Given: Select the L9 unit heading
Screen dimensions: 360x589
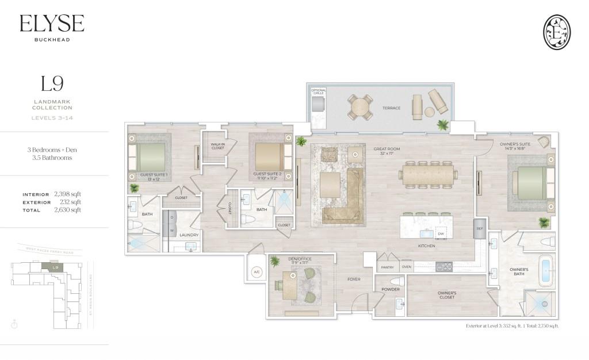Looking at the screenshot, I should pos(52,84).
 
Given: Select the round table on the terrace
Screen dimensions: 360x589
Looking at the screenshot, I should pos(361,107).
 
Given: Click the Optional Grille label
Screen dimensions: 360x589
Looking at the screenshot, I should pos(319,91).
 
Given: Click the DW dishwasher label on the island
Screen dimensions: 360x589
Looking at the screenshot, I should pos(440,234).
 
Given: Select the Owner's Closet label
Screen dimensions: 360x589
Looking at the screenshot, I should pos(447,295).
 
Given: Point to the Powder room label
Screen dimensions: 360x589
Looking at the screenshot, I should pos(391,289).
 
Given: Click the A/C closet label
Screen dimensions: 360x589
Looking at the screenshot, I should pos(256,273).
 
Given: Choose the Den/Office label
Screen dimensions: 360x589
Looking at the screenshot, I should pos(299,259).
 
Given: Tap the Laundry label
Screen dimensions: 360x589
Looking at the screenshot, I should pos(189,235).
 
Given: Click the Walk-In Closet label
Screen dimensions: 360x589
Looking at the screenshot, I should pos(217,147).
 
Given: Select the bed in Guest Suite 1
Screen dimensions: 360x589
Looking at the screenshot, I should pos(148,156).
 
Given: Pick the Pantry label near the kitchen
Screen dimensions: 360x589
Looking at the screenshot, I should pos(387,267).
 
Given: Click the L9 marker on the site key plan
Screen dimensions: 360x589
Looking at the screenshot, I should pos(55,267).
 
